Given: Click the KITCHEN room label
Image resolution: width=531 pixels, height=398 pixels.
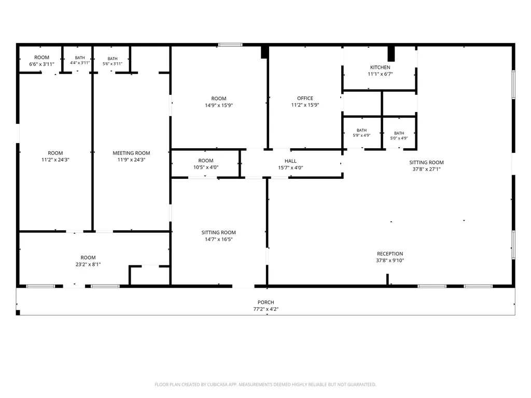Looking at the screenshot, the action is coord(380,67).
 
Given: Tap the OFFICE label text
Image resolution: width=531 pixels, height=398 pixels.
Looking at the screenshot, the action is coord(305,98).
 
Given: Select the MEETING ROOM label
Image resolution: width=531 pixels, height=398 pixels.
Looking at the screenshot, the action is coord(131,153).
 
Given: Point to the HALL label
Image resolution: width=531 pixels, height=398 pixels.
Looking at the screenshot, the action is coord(290,161).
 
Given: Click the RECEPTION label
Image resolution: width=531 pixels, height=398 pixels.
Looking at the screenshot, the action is coord(390,254).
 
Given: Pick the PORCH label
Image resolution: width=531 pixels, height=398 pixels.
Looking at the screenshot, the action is coord(266,302).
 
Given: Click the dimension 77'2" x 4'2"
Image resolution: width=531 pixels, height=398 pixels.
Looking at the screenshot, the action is coord(266,309).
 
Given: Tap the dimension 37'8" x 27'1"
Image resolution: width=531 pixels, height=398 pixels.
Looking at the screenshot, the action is coord(426,169).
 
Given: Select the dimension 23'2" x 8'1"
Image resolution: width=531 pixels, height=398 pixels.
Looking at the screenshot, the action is coord(88,264).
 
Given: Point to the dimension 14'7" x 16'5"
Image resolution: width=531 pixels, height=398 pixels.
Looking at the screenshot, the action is coord(219,239).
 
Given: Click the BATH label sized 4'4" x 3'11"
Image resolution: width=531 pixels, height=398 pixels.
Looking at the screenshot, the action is coord(80,58).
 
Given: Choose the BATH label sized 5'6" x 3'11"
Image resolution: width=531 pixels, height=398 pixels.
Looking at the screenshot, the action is coord(113,59).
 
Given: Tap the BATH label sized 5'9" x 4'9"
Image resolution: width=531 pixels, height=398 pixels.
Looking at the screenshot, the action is coord(361,130).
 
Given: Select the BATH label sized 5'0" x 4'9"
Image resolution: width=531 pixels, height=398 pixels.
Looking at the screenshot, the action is coord(399,133).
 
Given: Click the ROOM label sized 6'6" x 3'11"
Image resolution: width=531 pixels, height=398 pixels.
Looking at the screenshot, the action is coord(41,58).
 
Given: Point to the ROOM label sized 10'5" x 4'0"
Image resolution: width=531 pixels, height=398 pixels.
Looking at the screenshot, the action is coord(206,161).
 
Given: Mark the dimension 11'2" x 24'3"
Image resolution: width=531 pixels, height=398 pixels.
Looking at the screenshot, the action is coord(55,160).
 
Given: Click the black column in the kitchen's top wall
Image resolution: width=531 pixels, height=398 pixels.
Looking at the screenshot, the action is coord(391,53).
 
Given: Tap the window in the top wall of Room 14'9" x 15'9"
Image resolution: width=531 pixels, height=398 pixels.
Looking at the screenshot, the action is coord(230,45).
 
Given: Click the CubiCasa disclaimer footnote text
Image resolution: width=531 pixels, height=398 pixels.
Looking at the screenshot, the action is coord(265,385).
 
